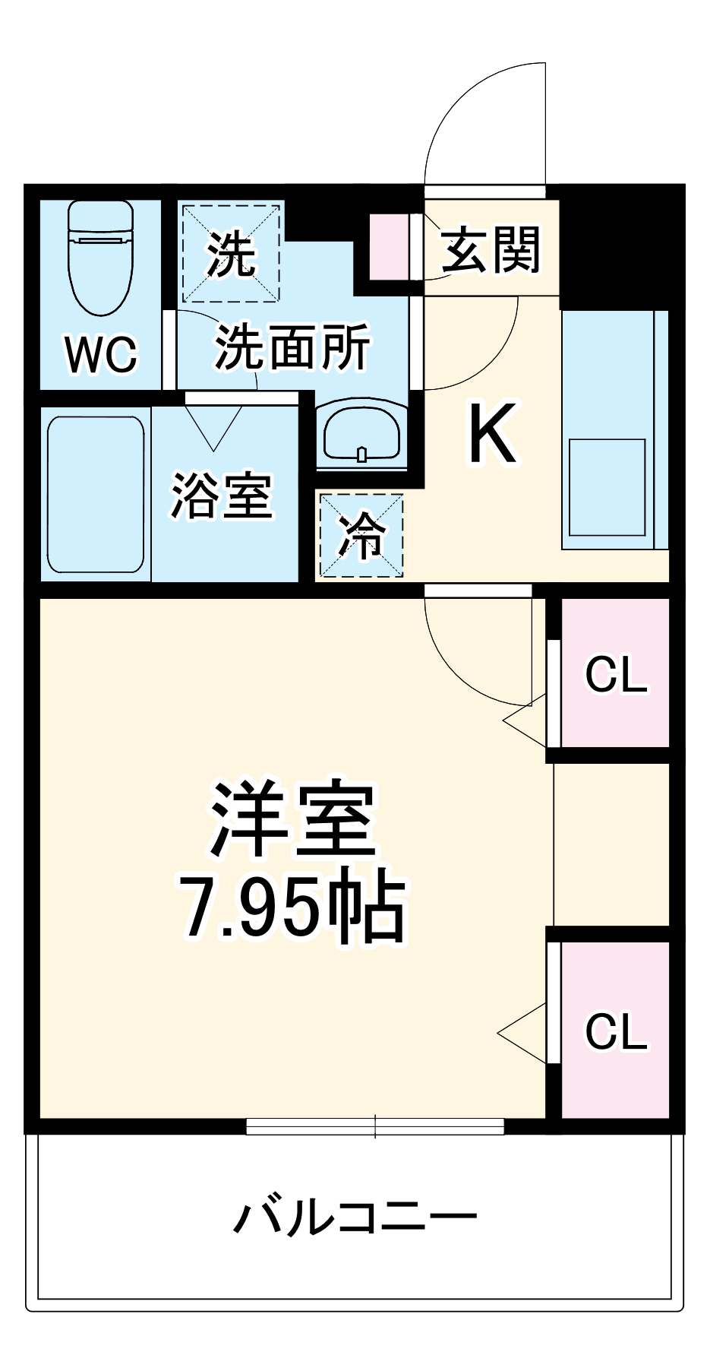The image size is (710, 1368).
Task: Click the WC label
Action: (x=101, y=353)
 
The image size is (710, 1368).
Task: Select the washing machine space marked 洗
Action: (x=231, y=252)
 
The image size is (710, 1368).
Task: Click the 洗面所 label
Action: (x=292, y=347)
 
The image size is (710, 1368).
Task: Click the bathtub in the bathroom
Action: (x=95, y=494)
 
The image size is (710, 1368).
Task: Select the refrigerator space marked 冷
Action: (x=361, y=535)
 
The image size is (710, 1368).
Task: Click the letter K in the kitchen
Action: (x=493, y=433)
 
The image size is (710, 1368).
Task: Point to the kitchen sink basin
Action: (x=607, y=486)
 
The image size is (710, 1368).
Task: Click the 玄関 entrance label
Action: (x=491, y=249)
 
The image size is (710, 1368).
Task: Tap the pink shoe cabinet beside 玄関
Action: (x=389, y=247)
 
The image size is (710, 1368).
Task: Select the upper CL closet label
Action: (x=616, y=674)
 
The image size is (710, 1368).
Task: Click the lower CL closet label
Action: (x=616, y=1031)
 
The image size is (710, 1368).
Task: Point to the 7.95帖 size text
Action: (x=293, y=907)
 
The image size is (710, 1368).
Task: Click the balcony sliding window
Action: (x=375, y=1126)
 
